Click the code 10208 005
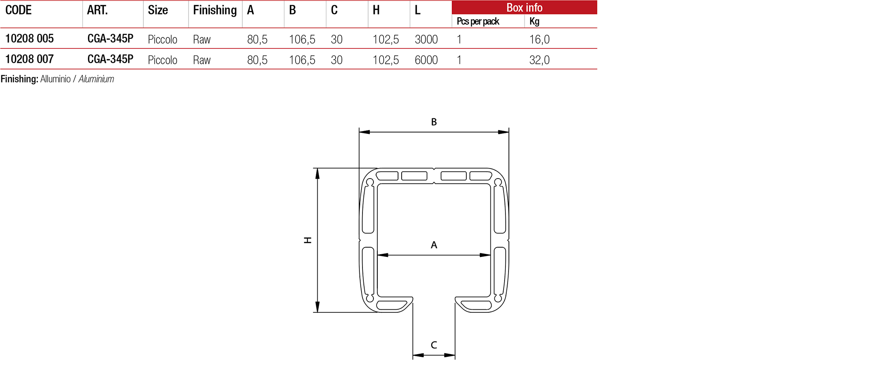pyautogui.click(x=29, y=39)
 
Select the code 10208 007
pyautogui.click(x=29, y=59)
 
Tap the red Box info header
pyautogui.click(x=524, y=7)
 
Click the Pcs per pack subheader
pyautogui.click(x=478, y=21)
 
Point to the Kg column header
pyautogui.click(x=534, y=21)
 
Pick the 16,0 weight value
pyautogui.click(x=539, y=40)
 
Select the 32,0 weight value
pyautogui.click(x=539, y=60)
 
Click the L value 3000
pyautogui.click(x=426, y=40)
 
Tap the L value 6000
pyautogui.click(x=426, y=60)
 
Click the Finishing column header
pyautogui.click(x=215, y=10)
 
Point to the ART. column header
pyautogui.click(x=97, y=10)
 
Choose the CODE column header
pyautogui.click(x=18, y=10)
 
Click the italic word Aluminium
pyautogui.click(x=96, y=79)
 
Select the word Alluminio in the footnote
pyautogui.click(x=55, y=79)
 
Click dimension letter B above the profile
pyautogui.click(x=434, y=122)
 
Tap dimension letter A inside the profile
pyautogui.click(x=434, y=245)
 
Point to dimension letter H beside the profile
pyautogui.click(x=308, y=240)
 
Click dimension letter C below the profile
pyautogui.click(x=434, y=345)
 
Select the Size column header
pyautogui.click(x=158, y=10)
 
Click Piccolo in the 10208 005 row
pyautogui.click(x=162, y=40)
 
